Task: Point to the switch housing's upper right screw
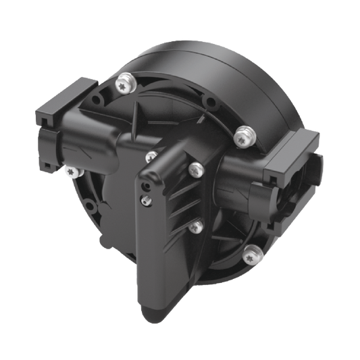(x=195, y=167)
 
